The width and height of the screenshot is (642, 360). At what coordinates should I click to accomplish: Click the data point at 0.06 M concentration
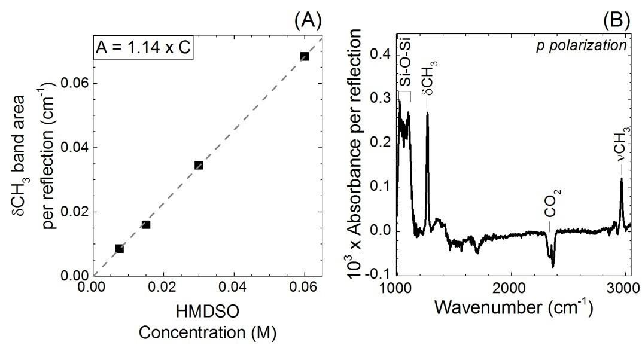305,56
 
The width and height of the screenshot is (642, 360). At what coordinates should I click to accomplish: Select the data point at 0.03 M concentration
199,165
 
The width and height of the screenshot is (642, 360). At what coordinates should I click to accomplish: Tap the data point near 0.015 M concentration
146,224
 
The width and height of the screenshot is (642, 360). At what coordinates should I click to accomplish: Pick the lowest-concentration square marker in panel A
119,248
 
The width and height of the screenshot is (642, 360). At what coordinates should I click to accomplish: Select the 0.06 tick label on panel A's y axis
74,83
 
